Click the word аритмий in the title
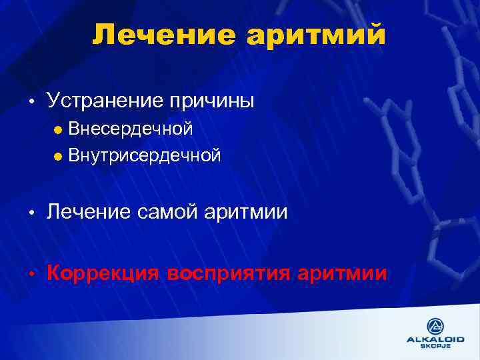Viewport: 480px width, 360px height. tap(316, 35)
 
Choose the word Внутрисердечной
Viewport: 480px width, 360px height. tap(145, 156)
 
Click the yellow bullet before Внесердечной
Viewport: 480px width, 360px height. tap(58, 129)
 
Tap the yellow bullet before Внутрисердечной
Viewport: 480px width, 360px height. tap(58, 157)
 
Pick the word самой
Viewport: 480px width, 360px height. tap(170, 213)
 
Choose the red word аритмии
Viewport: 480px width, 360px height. tap(343, 273)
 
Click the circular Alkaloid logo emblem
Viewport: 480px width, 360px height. tap(436, 327)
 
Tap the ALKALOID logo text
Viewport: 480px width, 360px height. tap(436, 340)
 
